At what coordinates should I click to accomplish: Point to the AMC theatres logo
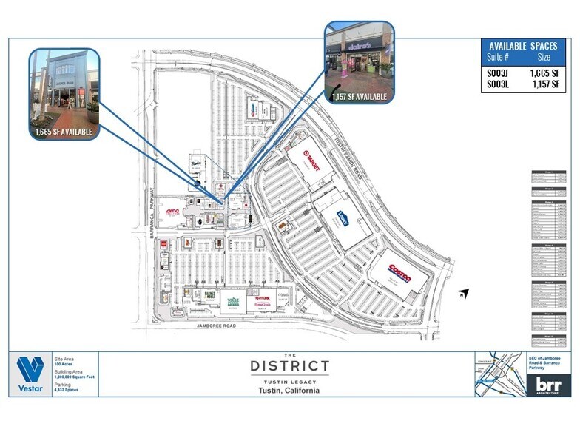(172, 212)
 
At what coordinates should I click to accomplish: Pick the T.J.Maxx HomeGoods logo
(263, 298)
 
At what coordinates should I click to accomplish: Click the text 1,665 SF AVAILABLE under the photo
(64, 132)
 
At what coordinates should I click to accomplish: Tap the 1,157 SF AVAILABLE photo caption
(360, 97)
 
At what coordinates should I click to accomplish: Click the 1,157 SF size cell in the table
(543, 85)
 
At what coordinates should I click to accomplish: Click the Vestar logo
(30, 374)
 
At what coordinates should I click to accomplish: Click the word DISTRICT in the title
(289, 365)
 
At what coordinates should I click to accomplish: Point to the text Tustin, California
(289, 390)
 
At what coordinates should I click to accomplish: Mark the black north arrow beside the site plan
(464, 294)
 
